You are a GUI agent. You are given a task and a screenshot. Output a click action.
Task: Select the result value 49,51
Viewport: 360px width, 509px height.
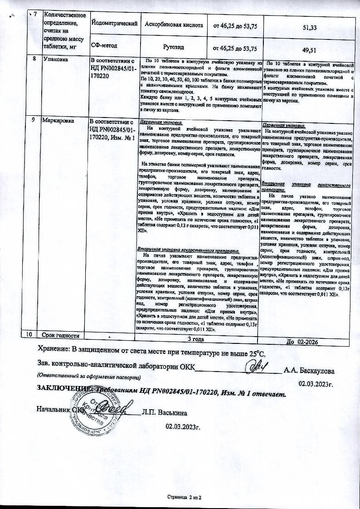(x=309, y=49)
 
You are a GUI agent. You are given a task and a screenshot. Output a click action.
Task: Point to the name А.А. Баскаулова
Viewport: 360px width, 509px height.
(x=309, y=370)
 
